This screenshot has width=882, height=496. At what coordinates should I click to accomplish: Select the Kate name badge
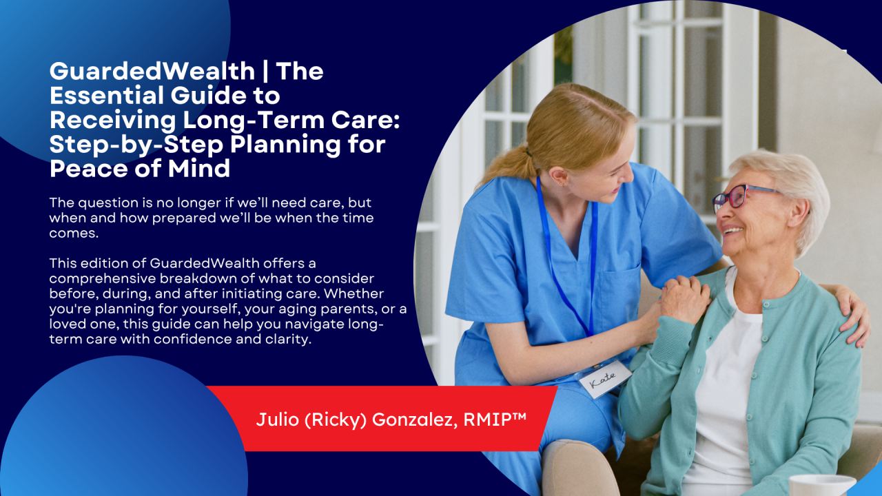(x=604, y=378)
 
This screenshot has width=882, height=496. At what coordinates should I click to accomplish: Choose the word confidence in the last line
(x=198, y=339)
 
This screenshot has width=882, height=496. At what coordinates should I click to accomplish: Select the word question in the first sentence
(x=102, y=204)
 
